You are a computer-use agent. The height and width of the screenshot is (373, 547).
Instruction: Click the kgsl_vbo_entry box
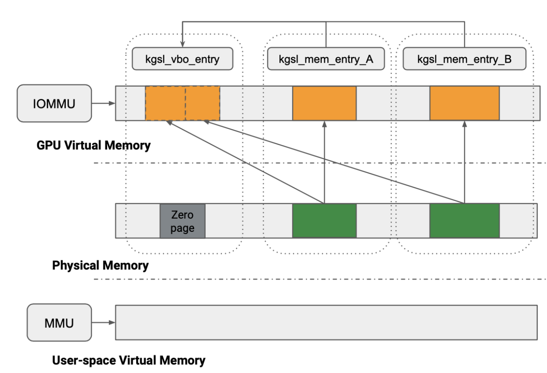(183, 59)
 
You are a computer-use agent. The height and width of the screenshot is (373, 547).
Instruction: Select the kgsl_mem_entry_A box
(326, 59)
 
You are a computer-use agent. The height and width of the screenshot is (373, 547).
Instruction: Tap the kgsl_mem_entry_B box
(464, 59)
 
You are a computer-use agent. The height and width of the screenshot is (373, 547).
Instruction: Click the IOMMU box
(54, 103)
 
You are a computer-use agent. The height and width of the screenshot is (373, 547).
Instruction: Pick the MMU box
(59, 323)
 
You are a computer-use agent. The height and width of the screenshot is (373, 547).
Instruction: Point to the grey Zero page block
(183, 221)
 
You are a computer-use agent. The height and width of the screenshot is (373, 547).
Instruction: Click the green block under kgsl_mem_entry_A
(324, 221)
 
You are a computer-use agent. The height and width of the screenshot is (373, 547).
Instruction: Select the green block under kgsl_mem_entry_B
(464, 221)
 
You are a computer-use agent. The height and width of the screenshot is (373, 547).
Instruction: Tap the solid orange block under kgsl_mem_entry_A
(324, 103)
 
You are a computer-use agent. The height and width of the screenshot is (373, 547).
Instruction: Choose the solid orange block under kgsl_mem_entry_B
(464, 103)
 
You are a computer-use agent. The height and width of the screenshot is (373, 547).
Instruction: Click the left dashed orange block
(165, 103)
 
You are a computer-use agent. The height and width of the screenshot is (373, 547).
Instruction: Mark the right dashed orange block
(203, 103)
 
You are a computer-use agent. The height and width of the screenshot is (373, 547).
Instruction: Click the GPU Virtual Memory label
(93, 146)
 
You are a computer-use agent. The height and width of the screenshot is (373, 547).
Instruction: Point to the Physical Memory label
(100, 265)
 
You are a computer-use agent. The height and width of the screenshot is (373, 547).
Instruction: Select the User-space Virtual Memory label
(128, 360)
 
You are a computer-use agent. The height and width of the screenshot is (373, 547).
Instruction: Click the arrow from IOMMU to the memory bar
(103, 103)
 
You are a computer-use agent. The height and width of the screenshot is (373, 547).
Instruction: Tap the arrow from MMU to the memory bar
(103, 323)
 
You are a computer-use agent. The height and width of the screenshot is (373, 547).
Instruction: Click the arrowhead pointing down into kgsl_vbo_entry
(183, 44)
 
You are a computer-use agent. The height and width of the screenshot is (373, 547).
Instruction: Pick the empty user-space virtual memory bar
(326, 323)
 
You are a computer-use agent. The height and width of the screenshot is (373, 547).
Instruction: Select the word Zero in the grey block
(183, 215)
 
